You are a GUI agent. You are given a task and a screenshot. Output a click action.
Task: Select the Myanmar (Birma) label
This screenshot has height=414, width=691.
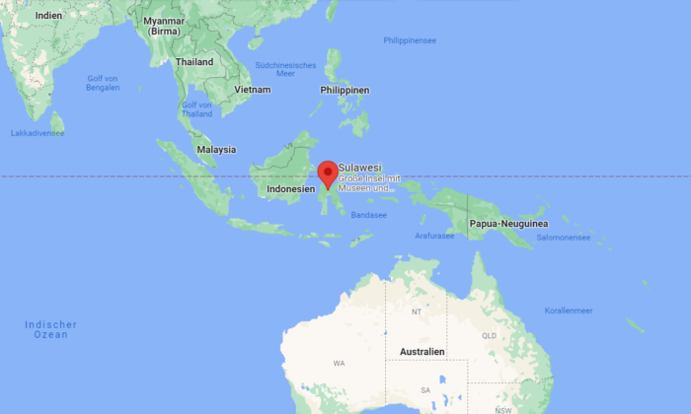click(163, 26)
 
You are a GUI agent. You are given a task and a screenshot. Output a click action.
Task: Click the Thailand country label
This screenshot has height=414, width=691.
click(193, 61)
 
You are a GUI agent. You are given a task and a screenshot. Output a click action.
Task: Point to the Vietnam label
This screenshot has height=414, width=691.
click(251, 90)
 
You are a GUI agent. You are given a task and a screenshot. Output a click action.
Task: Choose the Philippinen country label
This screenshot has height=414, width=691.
click(345, 90)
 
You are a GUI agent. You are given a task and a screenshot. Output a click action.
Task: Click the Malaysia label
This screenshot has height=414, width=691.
click(216, 150)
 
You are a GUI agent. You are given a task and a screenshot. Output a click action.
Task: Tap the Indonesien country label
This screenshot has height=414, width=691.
click(290, 187)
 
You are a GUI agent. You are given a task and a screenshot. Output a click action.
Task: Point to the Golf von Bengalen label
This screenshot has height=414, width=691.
click(103, 83)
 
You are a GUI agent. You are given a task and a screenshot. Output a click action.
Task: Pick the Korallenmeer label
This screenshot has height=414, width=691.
click(569, 310)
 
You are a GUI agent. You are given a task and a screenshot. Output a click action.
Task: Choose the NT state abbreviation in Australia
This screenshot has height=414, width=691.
click(417, 312)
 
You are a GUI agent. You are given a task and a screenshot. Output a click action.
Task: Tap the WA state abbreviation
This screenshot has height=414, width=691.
click(339, 363)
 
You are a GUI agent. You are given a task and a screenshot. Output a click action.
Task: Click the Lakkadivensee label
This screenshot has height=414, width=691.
click(38, 132)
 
